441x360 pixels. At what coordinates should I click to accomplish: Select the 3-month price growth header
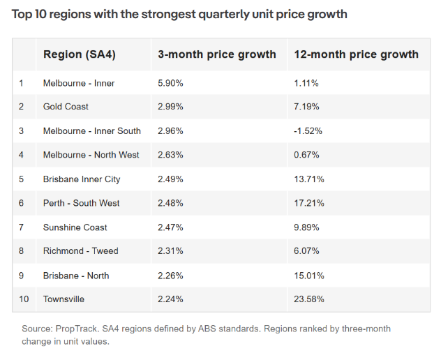(217, 54)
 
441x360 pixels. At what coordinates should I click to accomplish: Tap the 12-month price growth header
(356, 54)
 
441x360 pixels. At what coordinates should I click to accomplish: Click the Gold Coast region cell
(66, 107)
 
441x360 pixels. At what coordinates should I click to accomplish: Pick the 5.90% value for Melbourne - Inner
(170, 83)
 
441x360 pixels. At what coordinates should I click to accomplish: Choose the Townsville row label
(63, 299)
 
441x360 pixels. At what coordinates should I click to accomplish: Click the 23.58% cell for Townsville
(309, 299)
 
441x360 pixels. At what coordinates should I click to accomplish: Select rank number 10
(24, 299)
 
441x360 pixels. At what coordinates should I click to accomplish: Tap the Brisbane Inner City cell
(82, 179)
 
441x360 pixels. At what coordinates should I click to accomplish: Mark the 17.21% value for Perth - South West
(309, 203)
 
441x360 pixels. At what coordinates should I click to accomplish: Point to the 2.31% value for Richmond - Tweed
(170, 251)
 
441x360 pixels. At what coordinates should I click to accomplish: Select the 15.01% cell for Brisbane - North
(309, 276)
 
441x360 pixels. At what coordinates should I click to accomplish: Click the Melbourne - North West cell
(91, 155)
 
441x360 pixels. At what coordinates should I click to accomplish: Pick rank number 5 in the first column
(22, 179)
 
